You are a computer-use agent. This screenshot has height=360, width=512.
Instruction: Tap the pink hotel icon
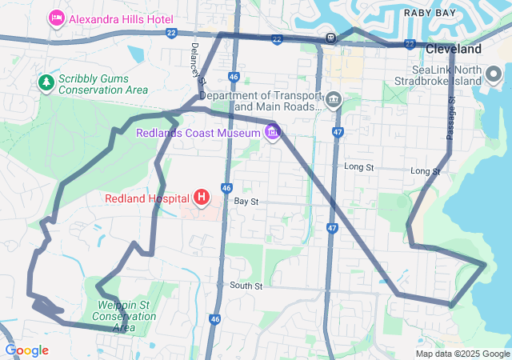(x=56, y=18)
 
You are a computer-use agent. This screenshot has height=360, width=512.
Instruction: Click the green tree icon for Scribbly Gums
(x=46, y=82)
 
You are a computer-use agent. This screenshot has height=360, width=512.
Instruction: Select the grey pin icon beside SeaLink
(x=494, y=76)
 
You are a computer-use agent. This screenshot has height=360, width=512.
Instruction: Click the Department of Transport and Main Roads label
(x=261, y=101)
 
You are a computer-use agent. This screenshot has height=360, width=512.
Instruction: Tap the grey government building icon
(x=334, y=101)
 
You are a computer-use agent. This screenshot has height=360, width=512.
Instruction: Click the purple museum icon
(x=274, y=132)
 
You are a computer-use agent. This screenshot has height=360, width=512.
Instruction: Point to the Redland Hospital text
(x=146, y=198)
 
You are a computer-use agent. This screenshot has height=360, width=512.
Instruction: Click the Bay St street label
(x=246, y=202)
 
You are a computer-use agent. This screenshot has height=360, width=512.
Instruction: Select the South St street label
(x=246, y=286)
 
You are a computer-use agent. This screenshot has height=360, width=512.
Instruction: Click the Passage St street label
(x=450, y=118)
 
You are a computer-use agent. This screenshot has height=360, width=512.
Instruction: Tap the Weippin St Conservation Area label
(x=124, y=316)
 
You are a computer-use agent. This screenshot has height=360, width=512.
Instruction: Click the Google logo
(x=26, y=350)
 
